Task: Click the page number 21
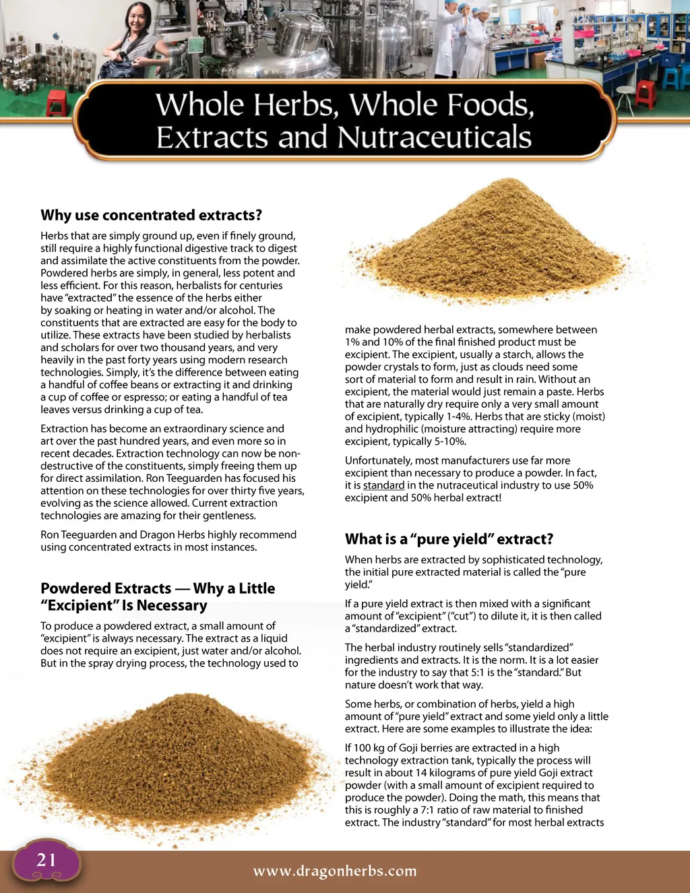[46, 859]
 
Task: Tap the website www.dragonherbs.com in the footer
[335, 871]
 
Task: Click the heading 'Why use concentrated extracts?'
[151, 215]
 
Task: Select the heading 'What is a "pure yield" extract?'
[449, 539]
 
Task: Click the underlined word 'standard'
[383, 485]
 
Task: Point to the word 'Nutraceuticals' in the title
[434, 137]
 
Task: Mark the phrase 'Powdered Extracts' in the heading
[106, 588]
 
